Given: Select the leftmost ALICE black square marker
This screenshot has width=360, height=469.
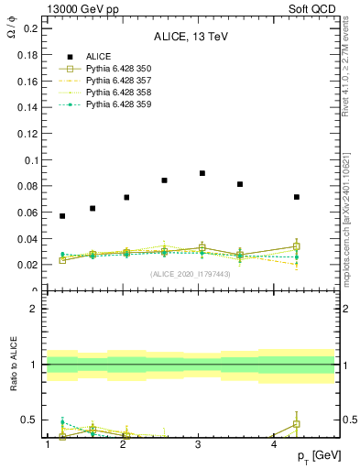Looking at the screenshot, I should [62, 216].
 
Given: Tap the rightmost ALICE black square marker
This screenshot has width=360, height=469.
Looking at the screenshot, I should [297, 197].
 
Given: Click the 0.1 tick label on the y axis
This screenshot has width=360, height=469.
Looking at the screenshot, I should [30, 160].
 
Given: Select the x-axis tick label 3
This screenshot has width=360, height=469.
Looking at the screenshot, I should [199, 444].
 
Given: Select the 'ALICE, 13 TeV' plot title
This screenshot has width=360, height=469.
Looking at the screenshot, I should [191, 38].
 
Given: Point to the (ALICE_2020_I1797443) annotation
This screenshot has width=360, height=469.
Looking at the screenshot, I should [191, 274].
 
